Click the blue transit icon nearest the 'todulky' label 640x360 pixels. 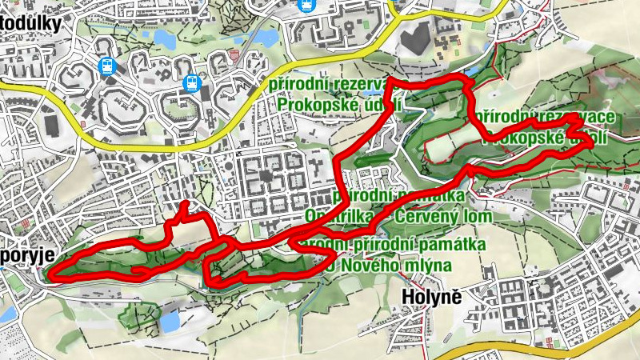pos(107,66)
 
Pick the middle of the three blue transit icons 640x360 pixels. pos(191,82)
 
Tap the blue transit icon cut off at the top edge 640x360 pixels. pos(306,4)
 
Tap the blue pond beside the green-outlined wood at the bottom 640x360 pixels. pos(170,321)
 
